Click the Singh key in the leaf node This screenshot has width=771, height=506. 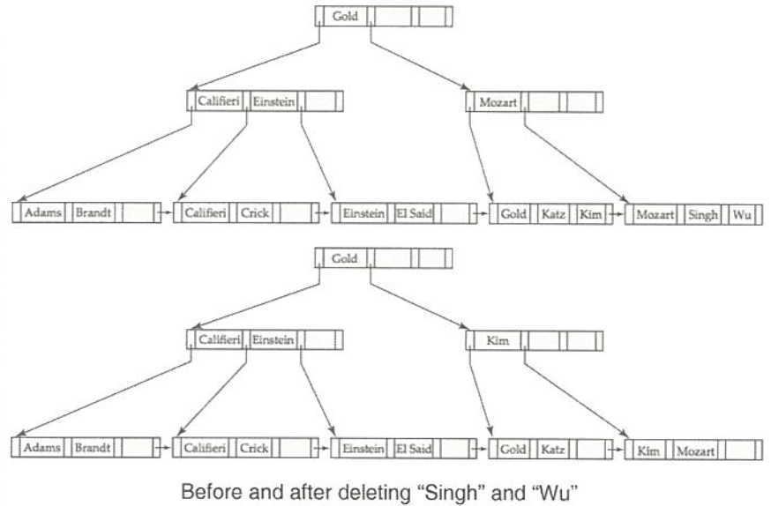pyautogui.click(x=703, y=213)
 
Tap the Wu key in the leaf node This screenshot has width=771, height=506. pyautogui.click(x=739, y=213)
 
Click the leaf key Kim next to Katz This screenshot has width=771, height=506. pyautogui.click(x=591, y=213)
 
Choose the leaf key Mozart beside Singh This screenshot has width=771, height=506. pyautogui.click(x=655, y=213)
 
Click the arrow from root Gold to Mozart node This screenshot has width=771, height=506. pyautogui.click(x=419, y=62)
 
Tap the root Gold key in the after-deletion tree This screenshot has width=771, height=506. pyautogui.click(x=345, y=257)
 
